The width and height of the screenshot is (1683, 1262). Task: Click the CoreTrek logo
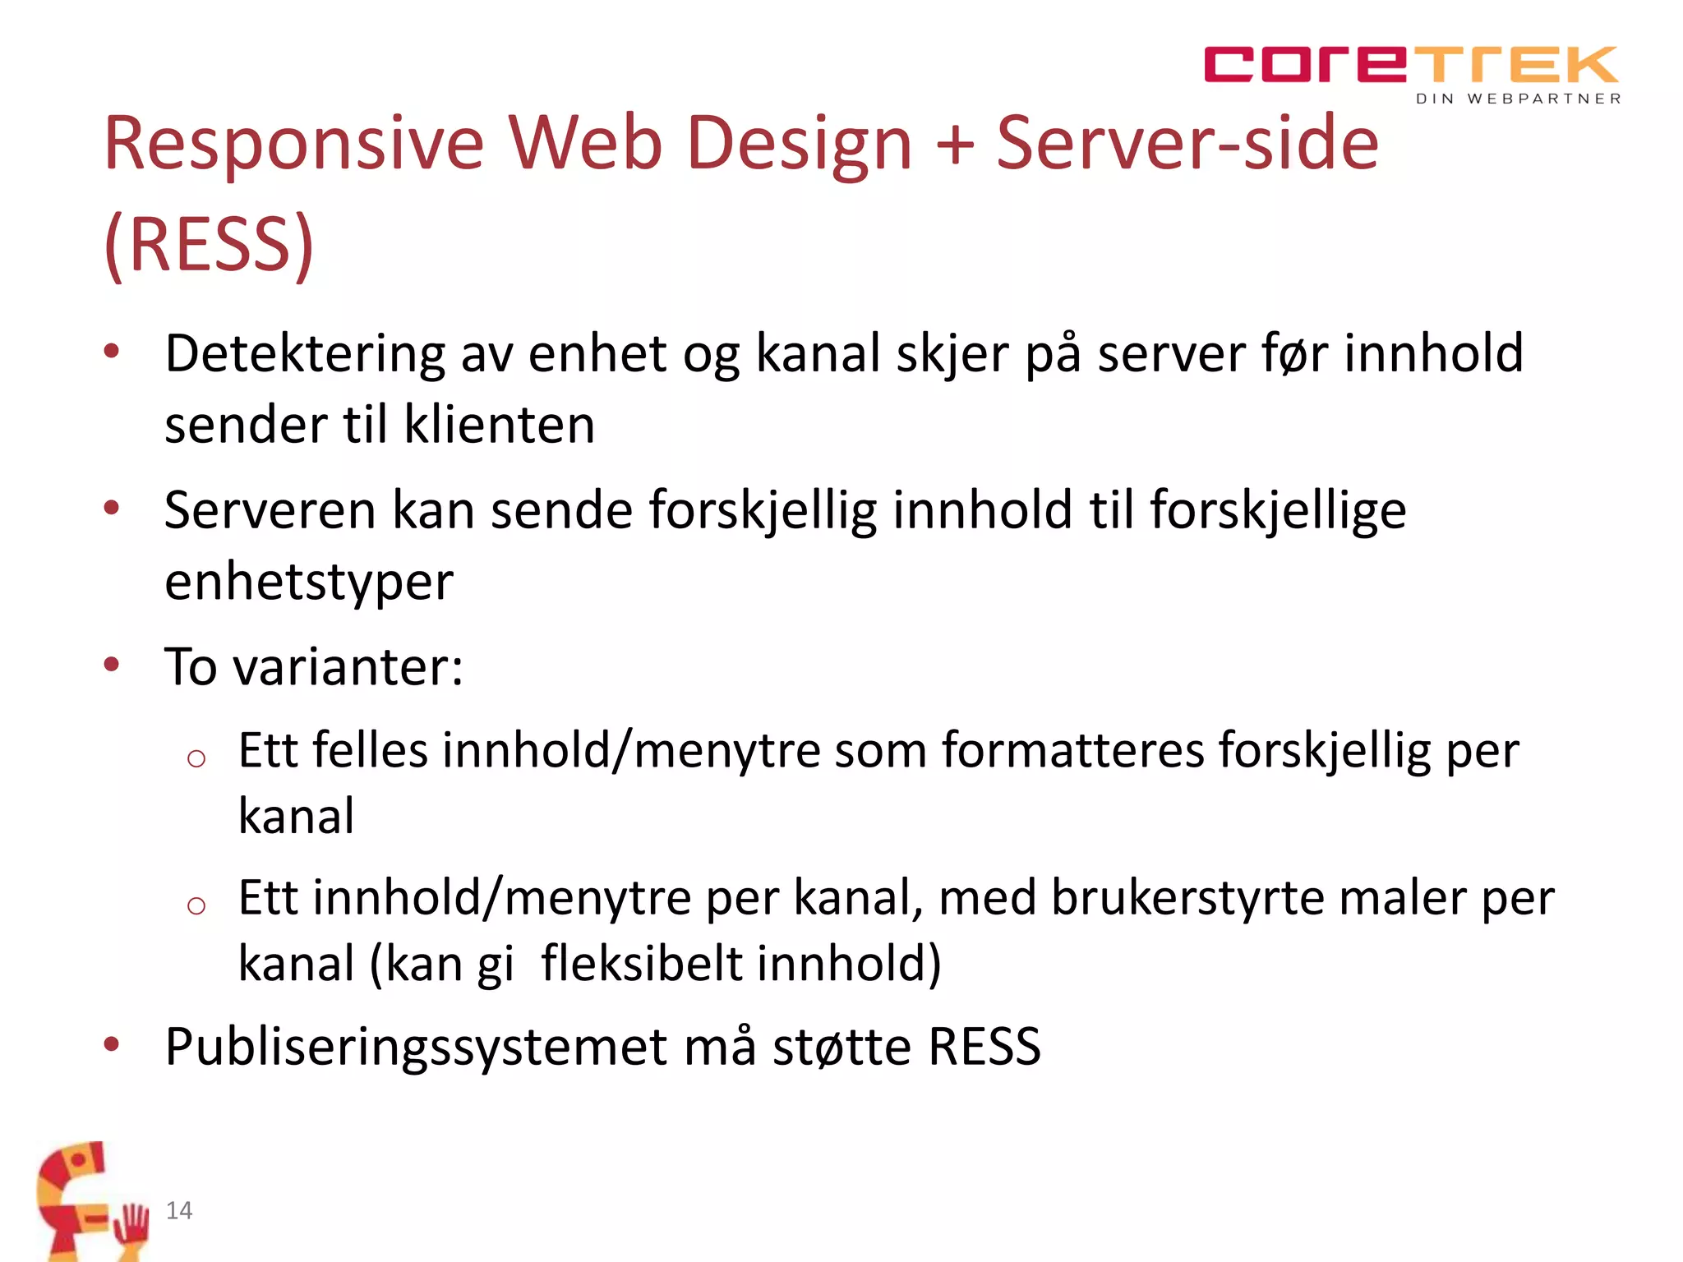pos(1410,65)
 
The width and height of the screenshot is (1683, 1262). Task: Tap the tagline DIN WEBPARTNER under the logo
pos(1518,99)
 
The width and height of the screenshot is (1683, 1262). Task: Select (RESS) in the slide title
pos(210,244)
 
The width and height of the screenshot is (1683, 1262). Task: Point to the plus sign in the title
pos(954,145)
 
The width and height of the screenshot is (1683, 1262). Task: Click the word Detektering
pos(305,354)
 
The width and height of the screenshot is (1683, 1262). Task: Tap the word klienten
pos(500,426)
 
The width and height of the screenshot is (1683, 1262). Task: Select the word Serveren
pos(270,510)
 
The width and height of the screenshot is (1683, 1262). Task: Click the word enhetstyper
pos(309,583)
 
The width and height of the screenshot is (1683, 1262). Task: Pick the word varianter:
pos(348,666)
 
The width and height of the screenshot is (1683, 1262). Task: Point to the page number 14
pos(179,1210)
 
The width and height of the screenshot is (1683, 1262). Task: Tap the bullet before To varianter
pos(112,665)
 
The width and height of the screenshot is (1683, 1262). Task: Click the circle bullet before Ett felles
pos(196,758)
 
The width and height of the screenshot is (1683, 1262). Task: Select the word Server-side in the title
pos(1187,144)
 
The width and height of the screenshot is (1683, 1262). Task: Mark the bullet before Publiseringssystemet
pos(112,1045)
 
